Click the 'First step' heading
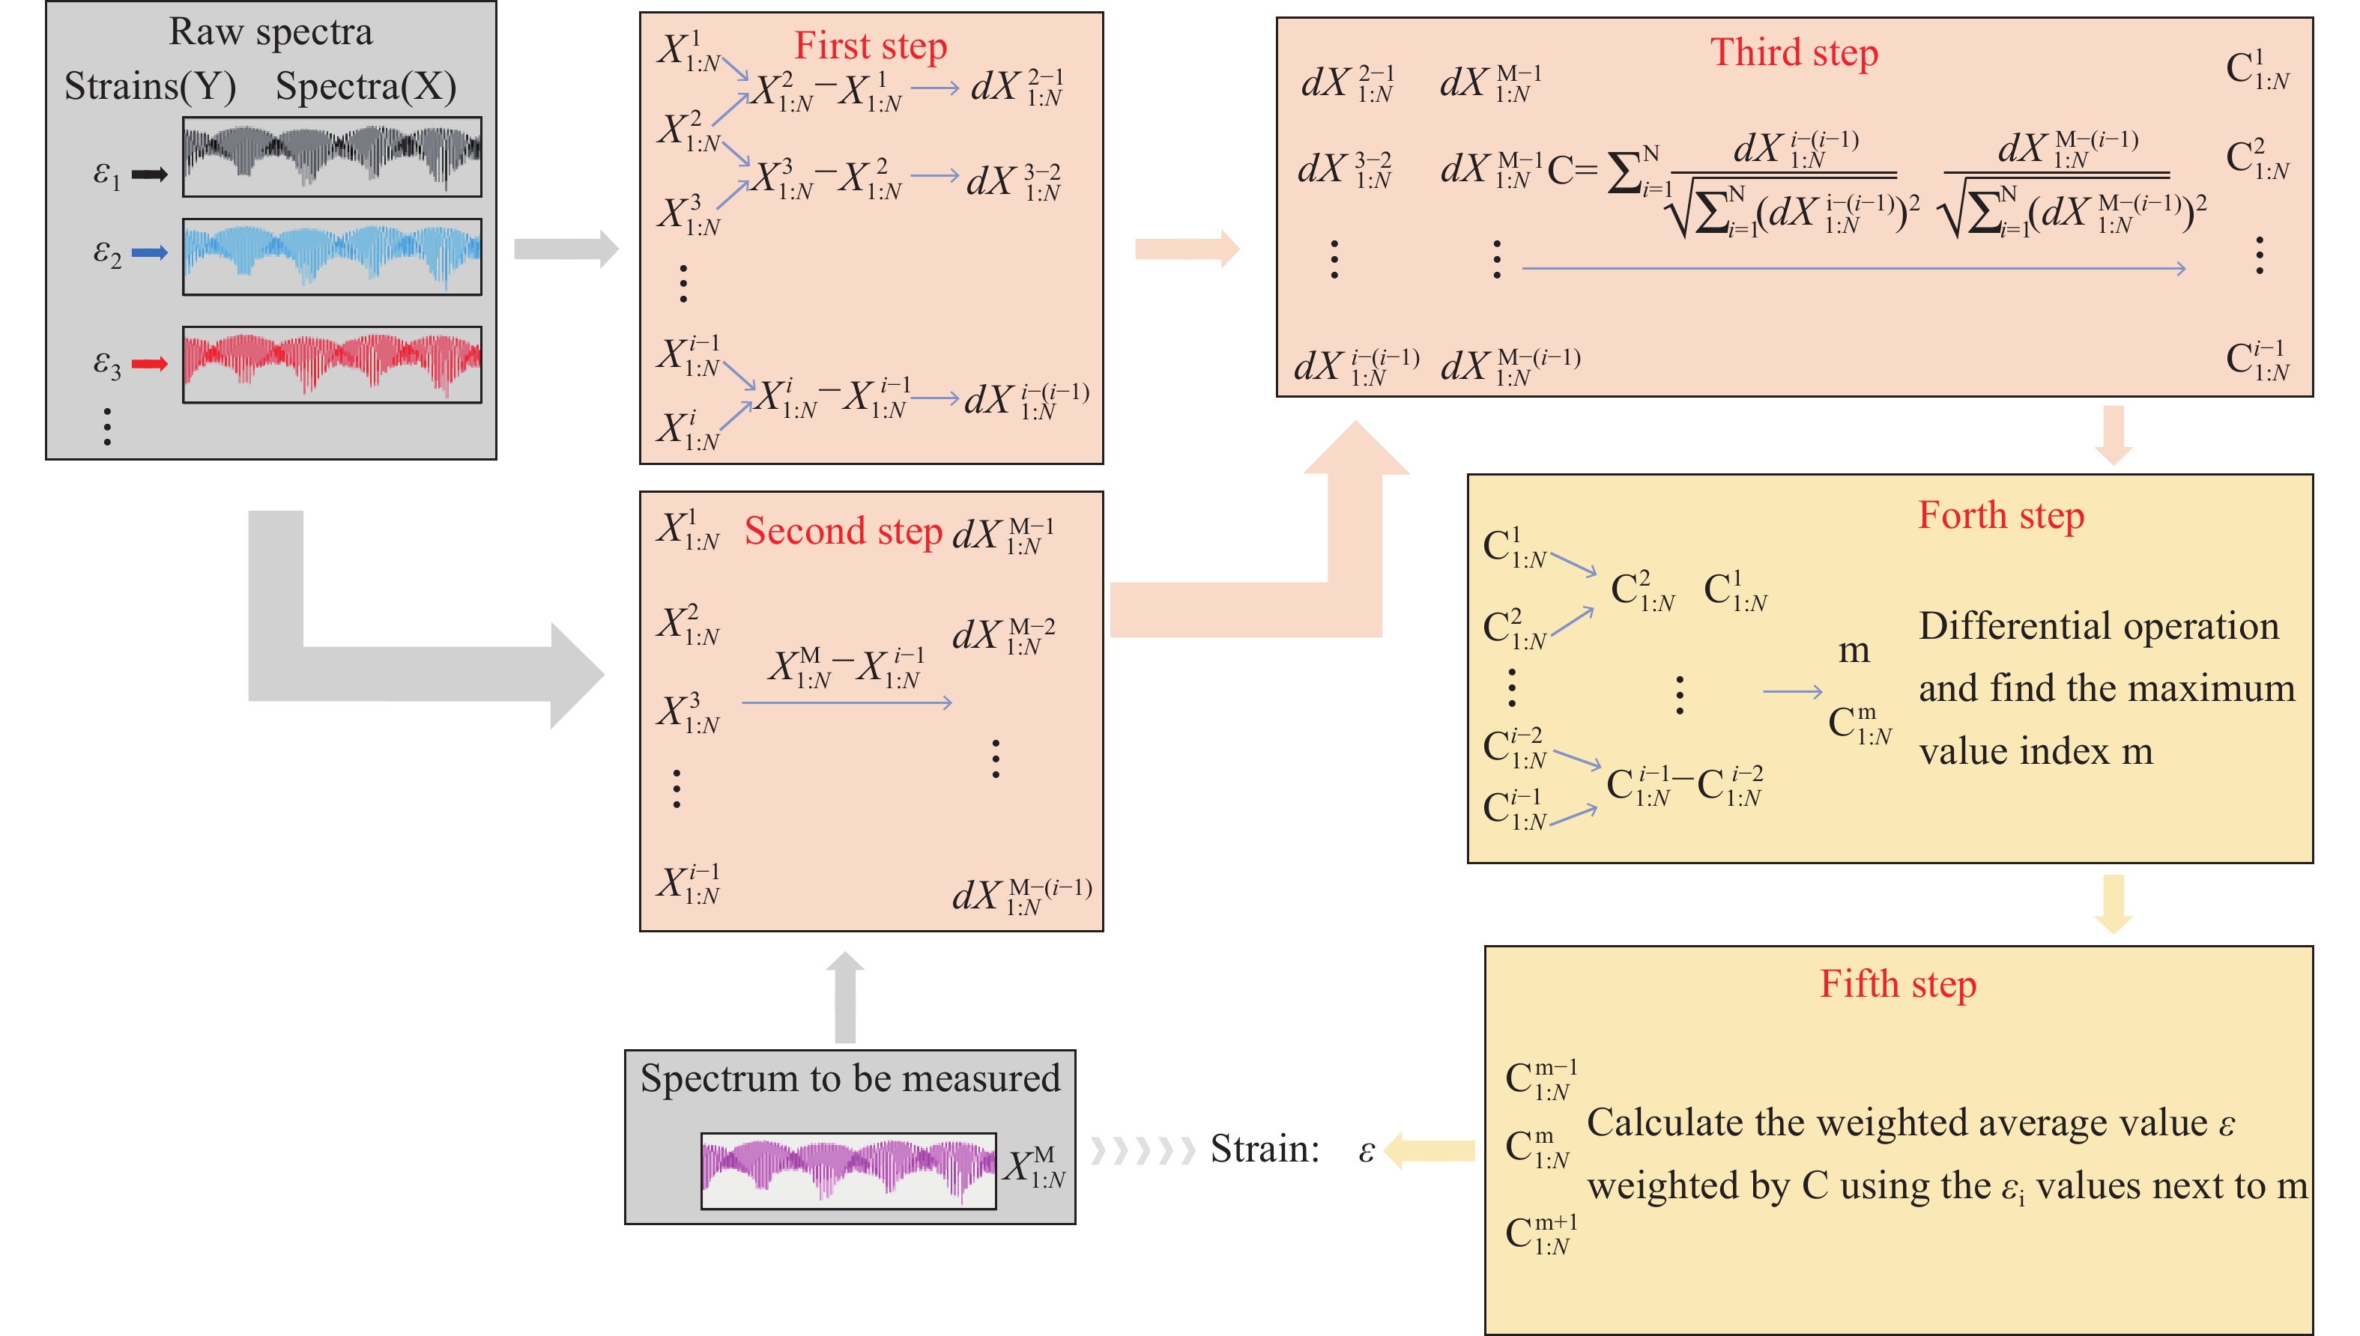coord(869,46)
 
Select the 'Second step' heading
coord(843,531)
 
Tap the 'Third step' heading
coord(1794,52)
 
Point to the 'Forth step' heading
coord(2000,516)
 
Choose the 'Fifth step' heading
coord(1897,985)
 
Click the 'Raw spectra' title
coord(270,32)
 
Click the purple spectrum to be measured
coord(847,1170)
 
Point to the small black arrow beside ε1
coord(150,174)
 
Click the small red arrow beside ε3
coord(150,364)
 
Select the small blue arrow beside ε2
coord(150,252)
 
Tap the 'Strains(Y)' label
coord(150,87)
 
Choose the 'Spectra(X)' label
coord(366,87)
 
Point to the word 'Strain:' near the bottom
coord(1264,1149)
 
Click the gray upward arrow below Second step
coord(844,998)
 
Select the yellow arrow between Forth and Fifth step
coord(2113,904)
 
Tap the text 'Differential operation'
coord(2099,627)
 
